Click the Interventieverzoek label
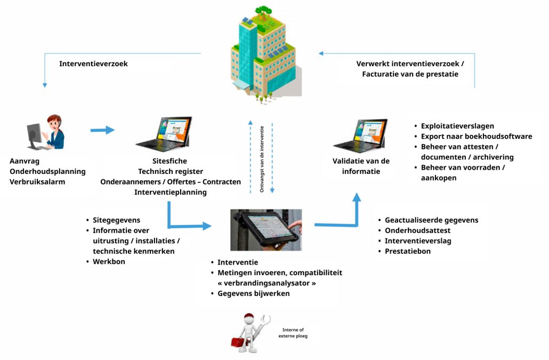click(x=93, y=64)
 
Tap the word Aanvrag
click(x=25, y=161)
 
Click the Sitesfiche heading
click(x=170, y=161)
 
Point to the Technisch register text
click(x=170, y=171)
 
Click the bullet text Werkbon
click(x=109, y=261)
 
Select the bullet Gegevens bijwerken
click(x=253, y=293)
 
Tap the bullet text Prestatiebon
click(x=408, y=251)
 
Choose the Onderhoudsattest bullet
click(x=418, y=230)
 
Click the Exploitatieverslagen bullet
click(x=457, y=126)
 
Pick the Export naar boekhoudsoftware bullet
click(x=477, y=137)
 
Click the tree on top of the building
click(x=264, y=12)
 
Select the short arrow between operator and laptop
click(x=102, y=130)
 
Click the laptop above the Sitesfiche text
click(x=165, y=133)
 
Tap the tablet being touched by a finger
click(x=265, y=229)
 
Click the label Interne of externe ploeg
click(x=293, y=333)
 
